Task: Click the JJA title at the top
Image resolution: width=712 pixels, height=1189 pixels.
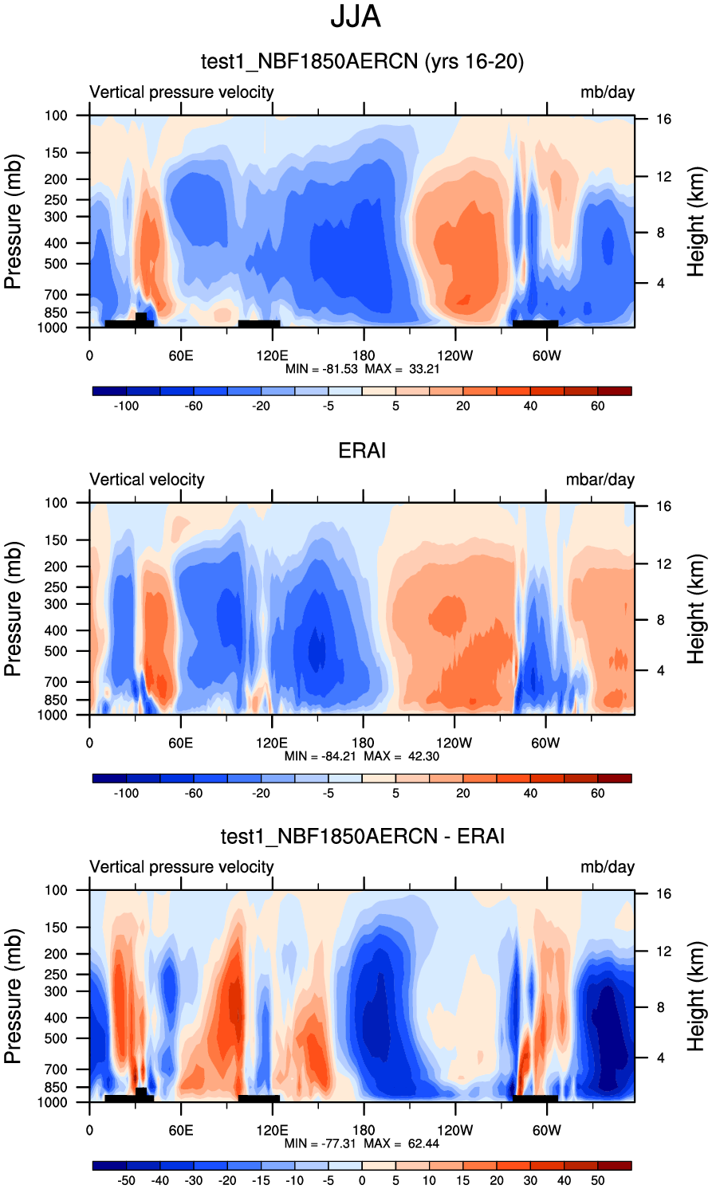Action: point(356,17)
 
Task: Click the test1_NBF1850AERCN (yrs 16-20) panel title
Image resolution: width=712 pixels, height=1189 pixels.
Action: point(362,61)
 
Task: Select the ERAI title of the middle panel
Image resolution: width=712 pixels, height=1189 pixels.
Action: point(362,451)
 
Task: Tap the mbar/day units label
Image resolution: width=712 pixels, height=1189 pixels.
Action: point(600,480)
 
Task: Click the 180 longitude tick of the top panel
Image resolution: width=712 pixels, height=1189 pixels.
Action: point(364,355)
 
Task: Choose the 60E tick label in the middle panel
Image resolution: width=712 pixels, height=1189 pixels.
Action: point(181,743)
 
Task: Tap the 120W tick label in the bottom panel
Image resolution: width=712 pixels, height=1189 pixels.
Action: point(454,1130)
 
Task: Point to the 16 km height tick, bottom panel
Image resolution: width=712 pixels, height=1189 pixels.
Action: point(663,894)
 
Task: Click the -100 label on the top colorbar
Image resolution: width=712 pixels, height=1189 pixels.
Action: point(126,406)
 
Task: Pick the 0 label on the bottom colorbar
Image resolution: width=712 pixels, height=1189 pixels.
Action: point(362,1180)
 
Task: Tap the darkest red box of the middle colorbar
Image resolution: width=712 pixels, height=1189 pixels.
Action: point(614,778)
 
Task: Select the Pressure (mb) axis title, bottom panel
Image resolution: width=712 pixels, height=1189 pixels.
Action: point(13,996)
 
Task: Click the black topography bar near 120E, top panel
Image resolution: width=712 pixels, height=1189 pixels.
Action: point(259,324)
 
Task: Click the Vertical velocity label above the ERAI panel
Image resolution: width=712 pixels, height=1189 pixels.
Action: point(147,480)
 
